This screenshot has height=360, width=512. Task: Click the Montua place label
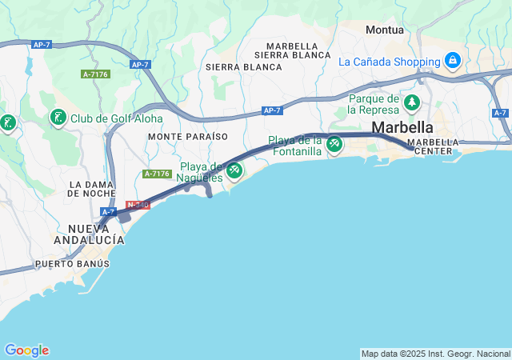point(384,30)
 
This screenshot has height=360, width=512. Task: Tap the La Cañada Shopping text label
point(390,61)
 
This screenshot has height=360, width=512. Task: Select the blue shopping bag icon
point(452,60)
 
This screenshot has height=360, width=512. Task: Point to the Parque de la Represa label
point(374,103)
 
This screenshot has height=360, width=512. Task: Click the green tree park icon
point(412,102)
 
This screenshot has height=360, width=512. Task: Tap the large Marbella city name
point(402,127)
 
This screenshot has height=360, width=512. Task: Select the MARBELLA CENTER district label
point(434,146)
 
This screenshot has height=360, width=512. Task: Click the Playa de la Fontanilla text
point(295,145)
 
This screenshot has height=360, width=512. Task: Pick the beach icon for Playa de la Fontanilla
point(334,145)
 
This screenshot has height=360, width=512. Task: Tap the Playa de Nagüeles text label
point(200,171)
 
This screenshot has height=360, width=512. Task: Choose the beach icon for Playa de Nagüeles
point(234,170)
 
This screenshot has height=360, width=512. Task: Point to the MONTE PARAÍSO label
point(188,137)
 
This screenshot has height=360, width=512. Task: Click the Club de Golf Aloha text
point(116,118)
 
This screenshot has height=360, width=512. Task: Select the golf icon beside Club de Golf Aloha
point(58,118)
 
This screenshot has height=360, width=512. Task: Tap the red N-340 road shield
point(138,205)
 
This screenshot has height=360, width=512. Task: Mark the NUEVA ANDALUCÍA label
point(89,234)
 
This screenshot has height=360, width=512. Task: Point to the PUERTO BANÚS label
point(72,263)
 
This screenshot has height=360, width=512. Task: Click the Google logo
point(26,350)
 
